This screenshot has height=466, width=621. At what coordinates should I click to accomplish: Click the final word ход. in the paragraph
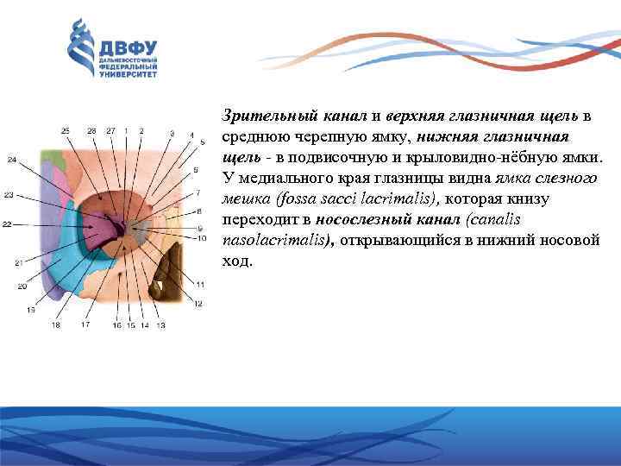pyautogui.click(x=238, y=261)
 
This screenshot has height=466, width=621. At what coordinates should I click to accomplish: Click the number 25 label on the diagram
pyautogui.click(x=66, y=130)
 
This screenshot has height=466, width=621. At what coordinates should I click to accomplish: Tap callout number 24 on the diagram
pyautogui.click(x=11, y=160)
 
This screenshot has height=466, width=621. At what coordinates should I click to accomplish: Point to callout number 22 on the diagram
pyautogui.click(x=7, y=224)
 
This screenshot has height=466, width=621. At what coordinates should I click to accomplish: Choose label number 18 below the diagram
pyautogui.click(x=56, y=325)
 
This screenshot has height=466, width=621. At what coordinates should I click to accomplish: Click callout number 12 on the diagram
pyautogui.click(x=198, y=304)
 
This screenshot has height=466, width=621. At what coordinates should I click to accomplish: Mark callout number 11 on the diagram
pyautogui.click(x=199, y=285)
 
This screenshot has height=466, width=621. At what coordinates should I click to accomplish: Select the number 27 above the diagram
pyautogui.click(x=110, y=130)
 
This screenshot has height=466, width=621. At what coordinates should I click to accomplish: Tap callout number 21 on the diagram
pyautogui.click(x=18, y=261)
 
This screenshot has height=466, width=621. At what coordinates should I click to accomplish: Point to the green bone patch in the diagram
pyautogui.click(x=57, y=160)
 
